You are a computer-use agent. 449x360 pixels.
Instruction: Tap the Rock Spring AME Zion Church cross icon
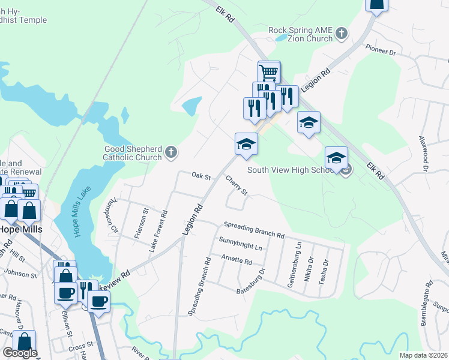341,34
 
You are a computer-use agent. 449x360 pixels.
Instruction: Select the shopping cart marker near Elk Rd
270,73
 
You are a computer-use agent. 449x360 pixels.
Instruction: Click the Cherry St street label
237,185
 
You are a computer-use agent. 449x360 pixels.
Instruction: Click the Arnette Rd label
237,259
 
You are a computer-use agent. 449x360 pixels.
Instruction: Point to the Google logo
20,353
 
